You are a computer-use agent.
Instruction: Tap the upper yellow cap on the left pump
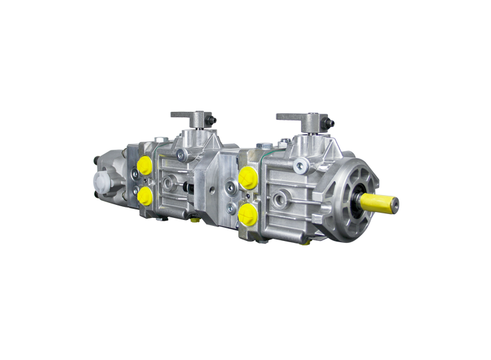[x=145, y=164]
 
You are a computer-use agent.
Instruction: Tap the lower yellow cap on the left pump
[x=145, y=195]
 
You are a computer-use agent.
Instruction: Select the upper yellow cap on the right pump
[x=247, y=177]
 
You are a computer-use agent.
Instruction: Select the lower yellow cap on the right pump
[x=247, y=212]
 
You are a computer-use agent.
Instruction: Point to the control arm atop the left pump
[x=192, y=117]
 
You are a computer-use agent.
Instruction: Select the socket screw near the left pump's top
[x=183, y=154]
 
